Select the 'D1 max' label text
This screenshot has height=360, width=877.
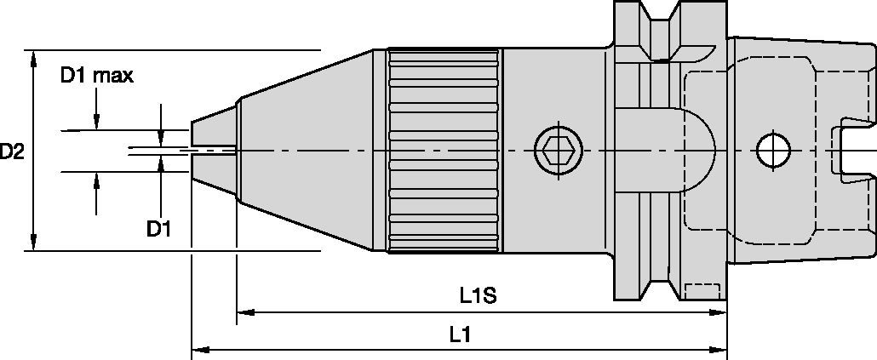point(96,76)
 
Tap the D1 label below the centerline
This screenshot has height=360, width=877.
point(159,228)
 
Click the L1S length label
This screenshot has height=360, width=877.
point(478,296)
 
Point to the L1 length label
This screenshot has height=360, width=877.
point(461,334)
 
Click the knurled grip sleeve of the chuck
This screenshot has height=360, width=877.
point(444,151)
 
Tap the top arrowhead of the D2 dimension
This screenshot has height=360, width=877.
point(33,57)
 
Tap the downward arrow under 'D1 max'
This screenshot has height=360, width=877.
point(96,123)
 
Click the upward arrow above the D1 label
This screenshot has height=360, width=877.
point(96,180)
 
